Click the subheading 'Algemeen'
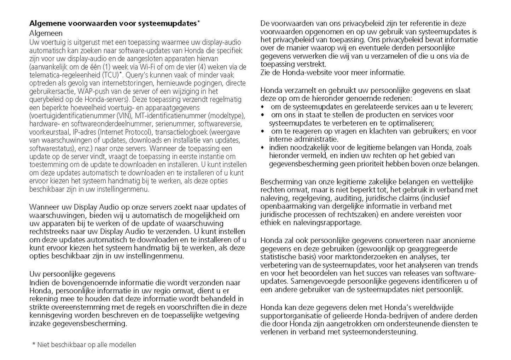[46, 34]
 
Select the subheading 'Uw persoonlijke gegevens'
[72, 274]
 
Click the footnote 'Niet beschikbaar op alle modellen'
[87, 344]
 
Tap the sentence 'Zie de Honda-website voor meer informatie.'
[333, 73]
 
